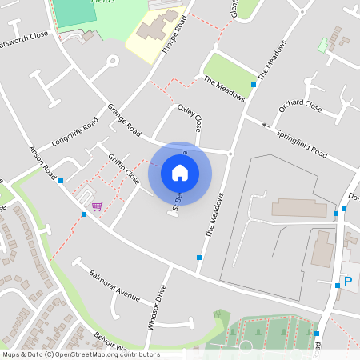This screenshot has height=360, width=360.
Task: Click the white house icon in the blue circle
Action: pos(180,172)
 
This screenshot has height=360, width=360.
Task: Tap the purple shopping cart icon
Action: pos(97,206)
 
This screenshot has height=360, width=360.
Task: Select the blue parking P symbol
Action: pos(347,281)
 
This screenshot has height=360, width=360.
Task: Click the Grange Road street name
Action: pos(124,120)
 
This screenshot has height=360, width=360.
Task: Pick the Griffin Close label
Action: pos(125,170)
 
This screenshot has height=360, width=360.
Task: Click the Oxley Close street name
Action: pos(190,118)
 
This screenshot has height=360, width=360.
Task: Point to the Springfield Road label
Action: pos(302,142)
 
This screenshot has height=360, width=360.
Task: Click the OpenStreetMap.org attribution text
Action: pos(108,354)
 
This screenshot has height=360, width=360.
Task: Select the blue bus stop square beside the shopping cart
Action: pos(84,214)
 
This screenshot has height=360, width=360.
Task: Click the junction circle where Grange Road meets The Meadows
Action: pos(230,154)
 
